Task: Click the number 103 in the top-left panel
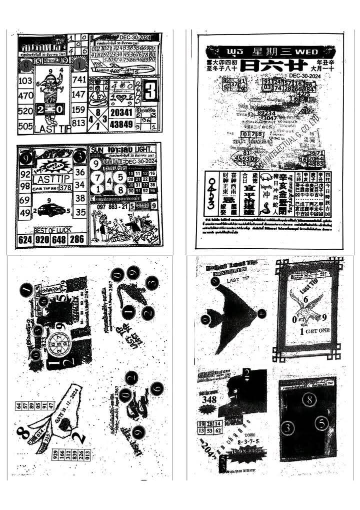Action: tap(25, 81)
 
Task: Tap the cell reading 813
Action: tap(79, 123)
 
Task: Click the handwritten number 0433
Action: tap(212, 192)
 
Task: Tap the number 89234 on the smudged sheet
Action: tap(268, 113)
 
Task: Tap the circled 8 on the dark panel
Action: tap(309, 399)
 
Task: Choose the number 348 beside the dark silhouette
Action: tap(209, 399)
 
